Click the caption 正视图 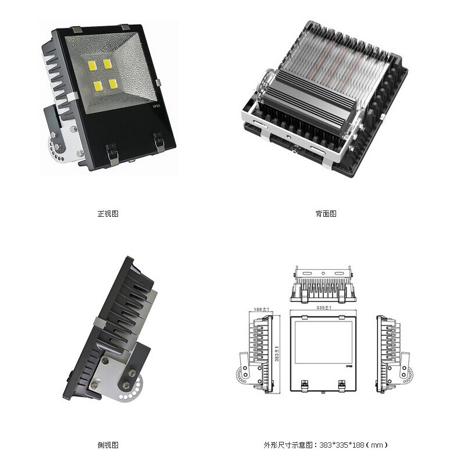108,213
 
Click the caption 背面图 326,213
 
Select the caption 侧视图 108,445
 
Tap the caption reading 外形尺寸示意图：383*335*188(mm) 326,445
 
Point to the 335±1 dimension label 324,308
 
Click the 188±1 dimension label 261,309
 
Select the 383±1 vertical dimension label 277,353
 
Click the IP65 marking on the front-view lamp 156,106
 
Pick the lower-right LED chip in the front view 113,84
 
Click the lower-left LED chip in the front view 98,86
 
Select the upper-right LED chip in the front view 107,63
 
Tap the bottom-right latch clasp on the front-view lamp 159,142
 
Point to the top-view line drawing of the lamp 323,284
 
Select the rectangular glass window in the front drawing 324,342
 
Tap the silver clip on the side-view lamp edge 100,322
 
